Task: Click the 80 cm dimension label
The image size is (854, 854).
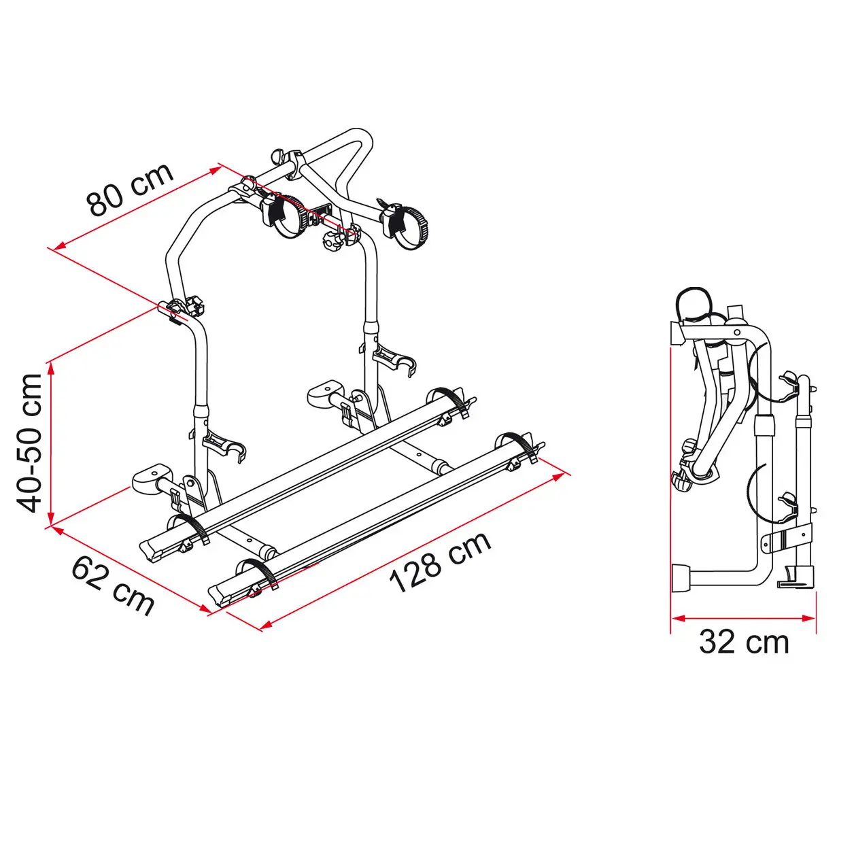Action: pos(130,189)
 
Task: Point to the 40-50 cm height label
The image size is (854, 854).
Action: pos(29,444)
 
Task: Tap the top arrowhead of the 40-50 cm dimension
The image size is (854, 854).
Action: pos(52,369)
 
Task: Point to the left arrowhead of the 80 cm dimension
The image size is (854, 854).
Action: pos(60,246)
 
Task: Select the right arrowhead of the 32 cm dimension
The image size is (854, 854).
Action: pos(808,618)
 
